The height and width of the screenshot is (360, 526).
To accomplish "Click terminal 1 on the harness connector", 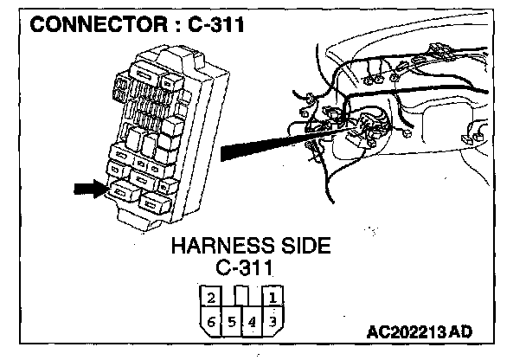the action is pyautogui.click(x=273, y=299).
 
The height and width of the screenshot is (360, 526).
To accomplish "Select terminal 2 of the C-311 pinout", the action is pyautogui.click(x=210, y=299).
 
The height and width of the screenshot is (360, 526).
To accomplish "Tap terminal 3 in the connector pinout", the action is pyautogui.click(x=273, y=322).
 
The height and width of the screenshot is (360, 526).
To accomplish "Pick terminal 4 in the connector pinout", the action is pyautogui.click(x=252, y=323).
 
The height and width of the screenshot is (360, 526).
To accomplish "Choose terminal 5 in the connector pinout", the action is pyautogui.click(x=231, y=323).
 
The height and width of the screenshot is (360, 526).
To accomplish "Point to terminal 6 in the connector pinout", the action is pyautogui.click(x=210, y=322).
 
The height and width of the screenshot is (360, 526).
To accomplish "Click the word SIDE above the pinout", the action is pyautogui.click(x=299, y=246).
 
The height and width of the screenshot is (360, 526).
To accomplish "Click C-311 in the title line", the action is pyautogui.click(x=212, y=25).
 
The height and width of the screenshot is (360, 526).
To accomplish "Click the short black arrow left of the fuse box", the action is pyautogui.click(x=90, y=189).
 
